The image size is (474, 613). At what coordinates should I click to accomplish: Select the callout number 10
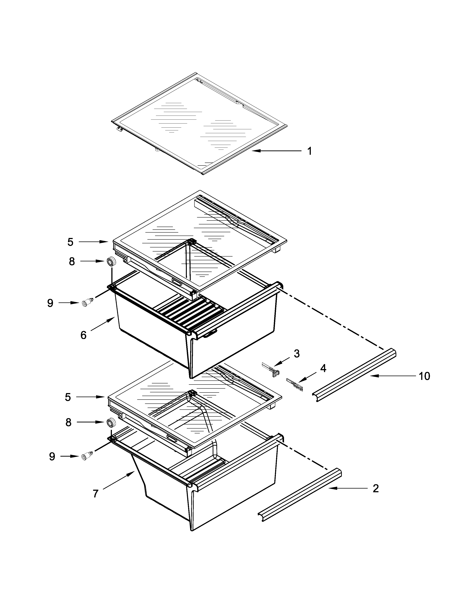pos(424,376)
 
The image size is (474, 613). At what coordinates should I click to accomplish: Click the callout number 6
pos(83,335)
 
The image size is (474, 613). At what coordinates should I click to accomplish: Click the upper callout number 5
pos(70,242)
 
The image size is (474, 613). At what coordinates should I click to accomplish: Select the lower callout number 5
pos(68,397)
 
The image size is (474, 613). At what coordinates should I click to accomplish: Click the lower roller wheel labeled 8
pos(111,422)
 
